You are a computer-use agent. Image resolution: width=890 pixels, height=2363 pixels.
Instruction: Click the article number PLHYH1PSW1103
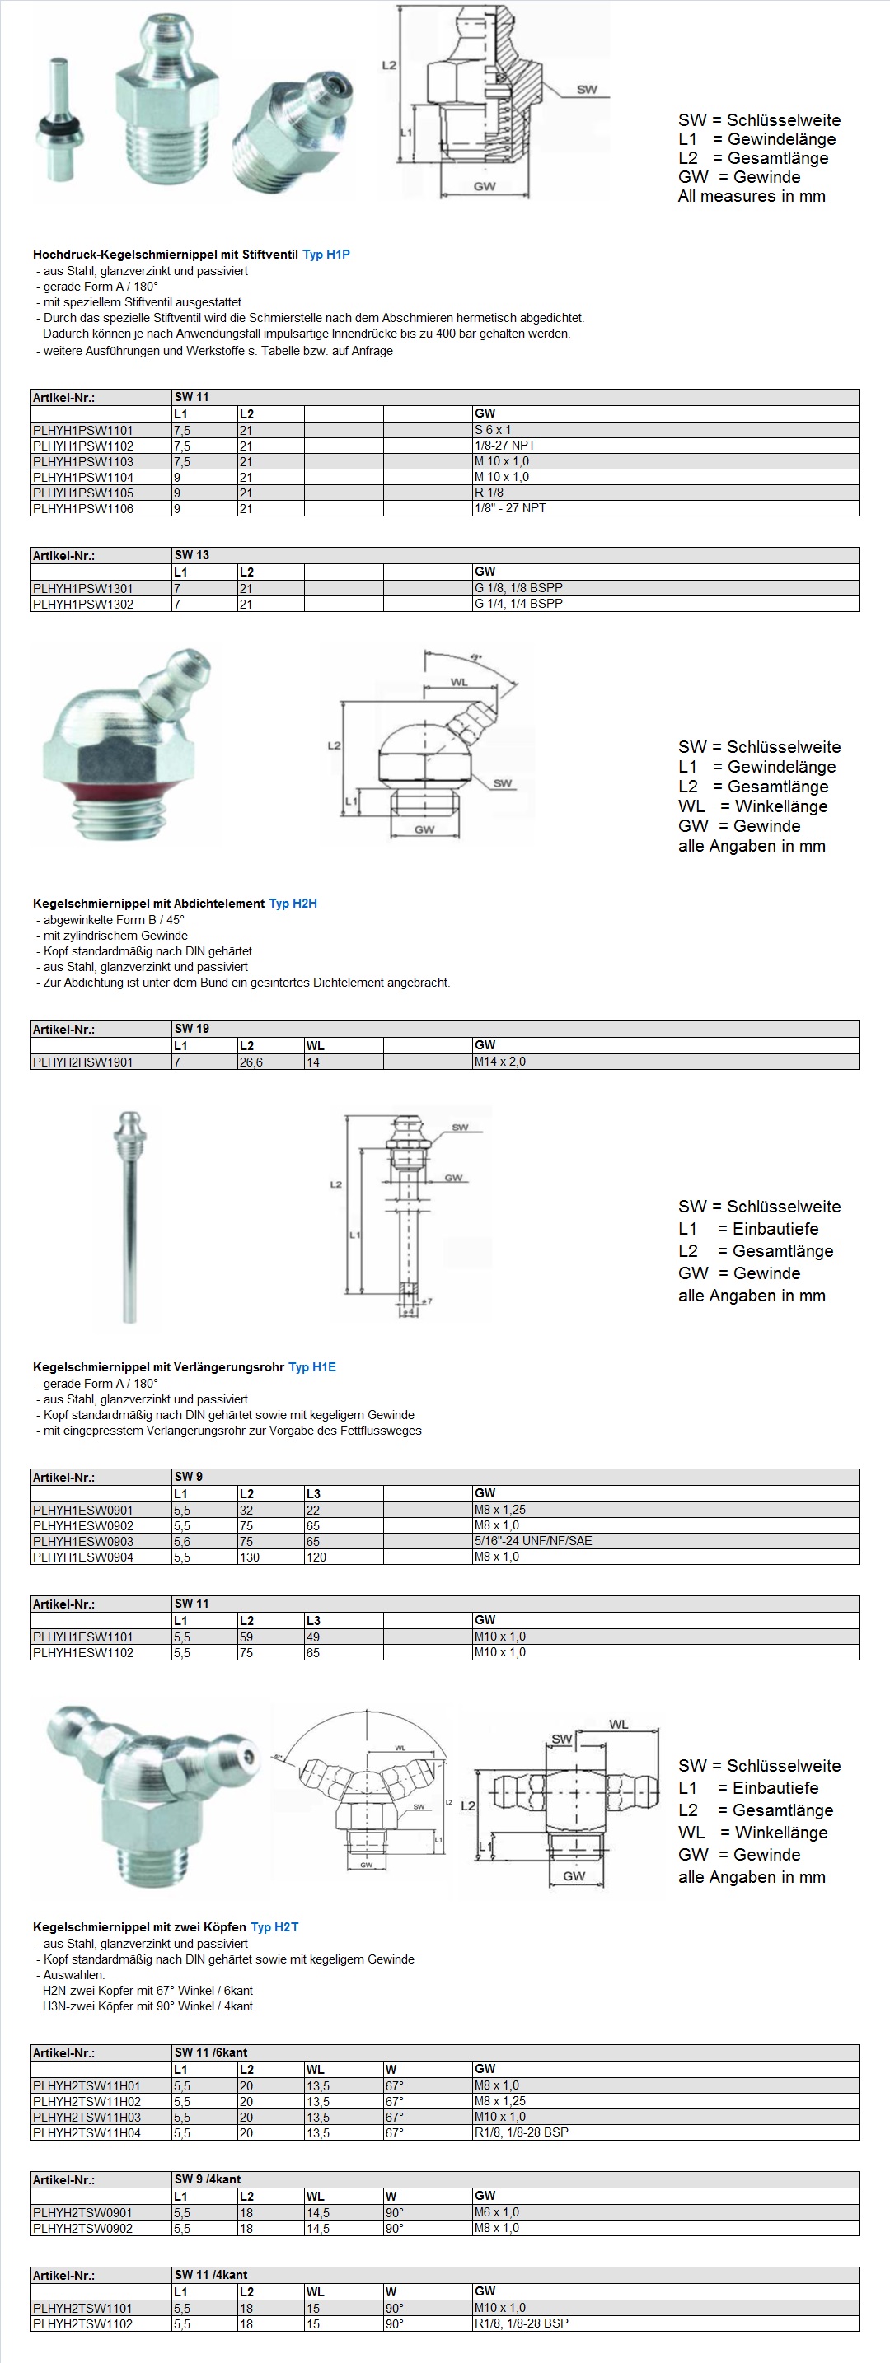click(82, 461)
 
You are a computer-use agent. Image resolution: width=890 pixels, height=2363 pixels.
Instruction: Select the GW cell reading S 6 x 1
click(493, 429)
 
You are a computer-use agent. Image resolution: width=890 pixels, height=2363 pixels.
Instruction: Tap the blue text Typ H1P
click(326, 255)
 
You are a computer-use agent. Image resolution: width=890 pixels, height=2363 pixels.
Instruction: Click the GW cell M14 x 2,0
click(500, 1062)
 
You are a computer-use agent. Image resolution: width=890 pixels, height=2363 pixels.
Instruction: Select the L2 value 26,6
click(251, 1062)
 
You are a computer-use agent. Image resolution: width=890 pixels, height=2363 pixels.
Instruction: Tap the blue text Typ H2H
click(293, 903)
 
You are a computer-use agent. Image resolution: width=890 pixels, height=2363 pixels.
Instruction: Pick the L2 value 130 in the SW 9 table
click(249, 1557)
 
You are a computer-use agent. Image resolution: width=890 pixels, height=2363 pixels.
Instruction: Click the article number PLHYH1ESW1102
click(82, 1652)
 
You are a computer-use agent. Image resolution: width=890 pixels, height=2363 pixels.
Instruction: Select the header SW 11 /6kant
click(211, 2052)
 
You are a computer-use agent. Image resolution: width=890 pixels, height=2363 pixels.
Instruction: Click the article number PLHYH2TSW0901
click(82, 2211)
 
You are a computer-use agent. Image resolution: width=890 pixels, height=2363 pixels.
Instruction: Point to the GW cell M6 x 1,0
click(496, 2211)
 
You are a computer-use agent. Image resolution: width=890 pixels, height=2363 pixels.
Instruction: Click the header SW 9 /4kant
click(208, 2179)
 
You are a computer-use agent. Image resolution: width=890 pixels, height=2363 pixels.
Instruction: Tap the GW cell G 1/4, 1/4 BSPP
click(518, 604)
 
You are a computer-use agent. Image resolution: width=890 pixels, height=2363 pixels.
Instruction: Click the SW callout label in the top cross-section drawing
click(586, 89)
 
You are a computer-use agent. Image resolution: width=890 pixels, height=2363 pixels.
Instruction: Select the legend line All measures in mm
click(752, 196)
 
